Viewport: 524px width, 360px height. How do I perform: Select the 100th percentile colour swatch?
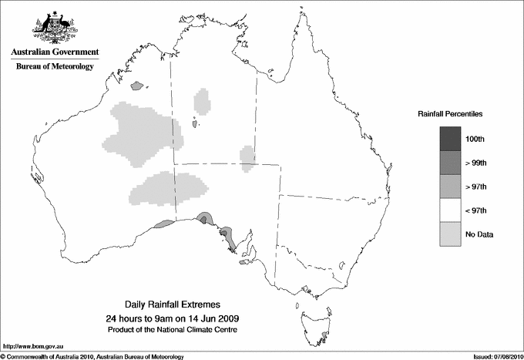point(451,139)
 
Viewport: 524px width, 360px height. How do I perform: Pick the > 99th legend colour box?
point(451,163)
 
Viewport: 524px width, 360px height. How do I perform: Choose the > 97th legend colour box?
point(451,187)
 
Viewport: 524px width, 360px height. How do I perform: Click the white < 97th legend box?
point(451,210)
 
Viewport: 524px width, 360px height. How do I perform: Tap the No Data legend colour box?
point(451,234)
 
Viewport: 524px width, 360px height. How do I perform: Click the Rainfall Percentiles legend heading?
point(450,113)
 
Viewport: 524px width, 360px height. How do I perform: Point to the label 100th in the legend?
point(475,140)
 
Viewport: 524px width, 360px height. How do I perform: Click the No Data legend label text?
point(479,234)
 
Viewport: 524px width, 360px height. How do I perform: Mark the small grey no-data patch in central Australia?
point(247,157)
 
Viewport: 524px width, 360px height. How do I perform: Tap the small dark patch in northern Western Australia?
point(139,86)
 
